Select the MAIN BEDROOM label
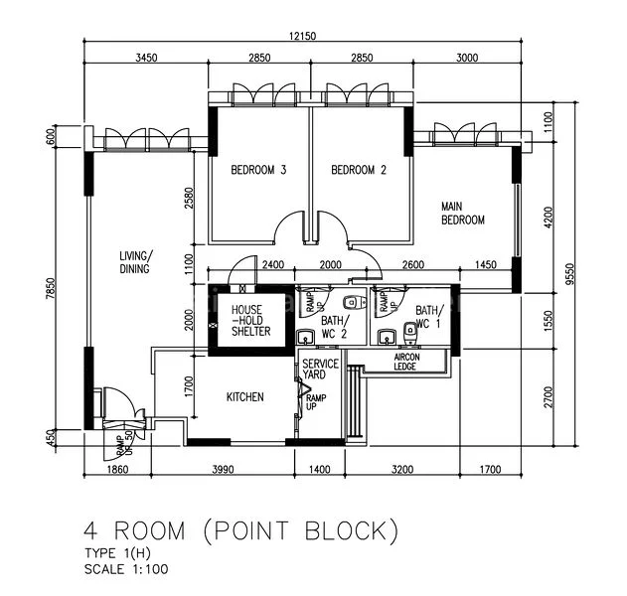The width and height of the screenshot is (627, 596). [x=463, y=214]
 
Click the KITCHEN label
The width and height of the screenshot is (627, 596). [x=245, y=397]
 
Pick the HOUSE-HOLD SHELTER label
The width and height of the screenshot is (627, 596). [x=249, y=321]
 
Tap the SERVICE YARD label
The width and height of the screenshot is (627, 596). [x=320, y=370]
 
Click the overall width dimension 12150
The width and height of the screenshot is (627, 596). [x=303, y=37]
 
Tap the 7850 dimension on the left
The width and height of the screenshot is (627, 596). [x=62, y=288]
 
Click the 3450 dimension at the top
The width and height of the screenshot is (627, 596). [x=146, y=60]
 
